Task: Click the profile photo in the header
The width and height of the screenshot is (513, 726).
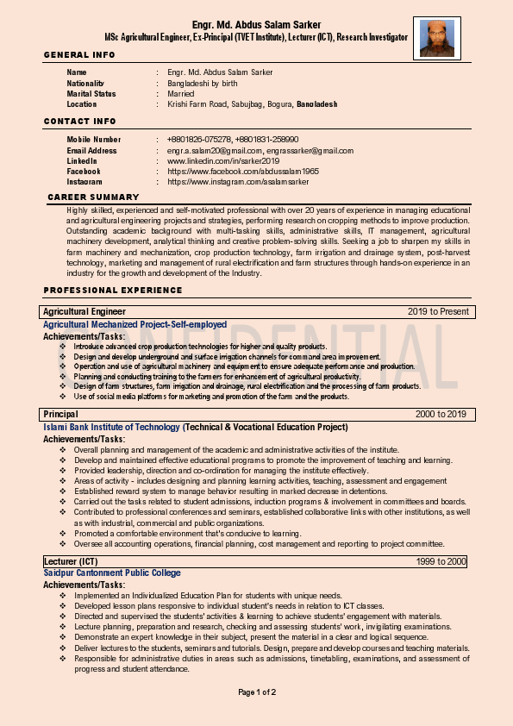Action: pos(436,38)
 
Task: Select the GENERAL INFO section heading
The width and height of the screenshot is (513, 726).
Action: pos(79,55)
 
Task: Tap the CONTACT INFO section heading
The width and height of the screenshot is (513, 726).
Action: pos(80,122)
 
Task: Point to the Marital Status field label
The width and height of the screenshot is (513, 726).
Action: pos(91,93)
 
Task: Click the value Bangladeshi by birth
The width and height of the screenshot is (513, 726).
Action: pos(203,83)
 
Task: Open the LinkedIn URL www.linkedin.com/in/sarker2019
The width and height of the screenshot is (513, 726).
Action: pos(223,160)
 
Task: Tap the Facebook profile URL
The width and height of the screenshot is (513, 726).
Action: pos(243,172)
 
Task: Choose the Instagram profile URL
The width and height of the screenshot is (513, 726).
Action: pos(238,182)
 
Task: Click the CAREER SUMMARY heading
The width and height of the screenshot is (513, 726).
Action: pos(93,197)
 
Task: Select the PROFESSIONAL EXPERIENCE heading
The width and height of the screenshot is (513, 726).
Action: pos(101,290)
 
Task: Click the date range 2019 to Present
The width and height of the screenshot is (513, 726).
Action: pos(438,311)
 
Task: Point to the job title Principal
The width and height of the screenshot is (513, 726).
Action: pos(61,415)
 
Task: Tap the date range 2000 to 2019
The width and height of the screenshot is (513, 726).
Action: pos(441,415)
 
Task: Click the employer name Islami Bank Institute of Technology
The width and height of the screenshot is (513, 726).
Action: pos(112,427)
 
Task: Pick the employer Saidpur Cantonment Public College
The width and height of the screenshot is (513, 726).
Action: pos(112,573)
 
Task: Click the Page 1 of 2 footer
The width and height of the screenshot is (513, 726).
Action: pos(257,692)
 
